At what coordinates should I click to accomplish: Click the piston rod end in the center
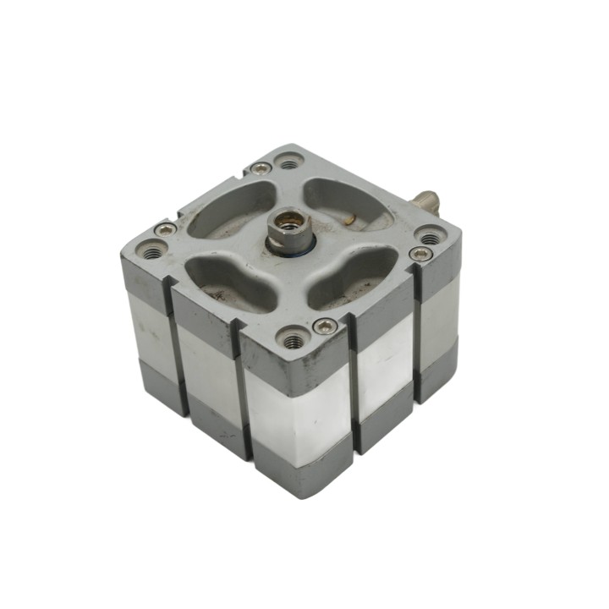(x=288, y=233)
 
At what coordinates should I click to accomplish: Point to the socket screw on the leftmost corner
(x=166, y=229)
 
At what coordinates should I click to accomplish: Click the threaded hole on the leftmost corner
(x=153, y=250)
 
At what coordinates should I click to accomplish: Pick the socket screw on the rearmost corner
(x=261, y=168)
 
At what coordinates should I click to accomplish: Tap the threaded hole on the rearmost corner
(x=290, y=160)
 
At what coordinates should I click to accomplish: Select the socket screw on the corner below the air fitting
(x=420, y=253)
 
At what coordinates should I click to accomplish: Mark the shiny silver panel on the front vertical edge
(x=296, y=414)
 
